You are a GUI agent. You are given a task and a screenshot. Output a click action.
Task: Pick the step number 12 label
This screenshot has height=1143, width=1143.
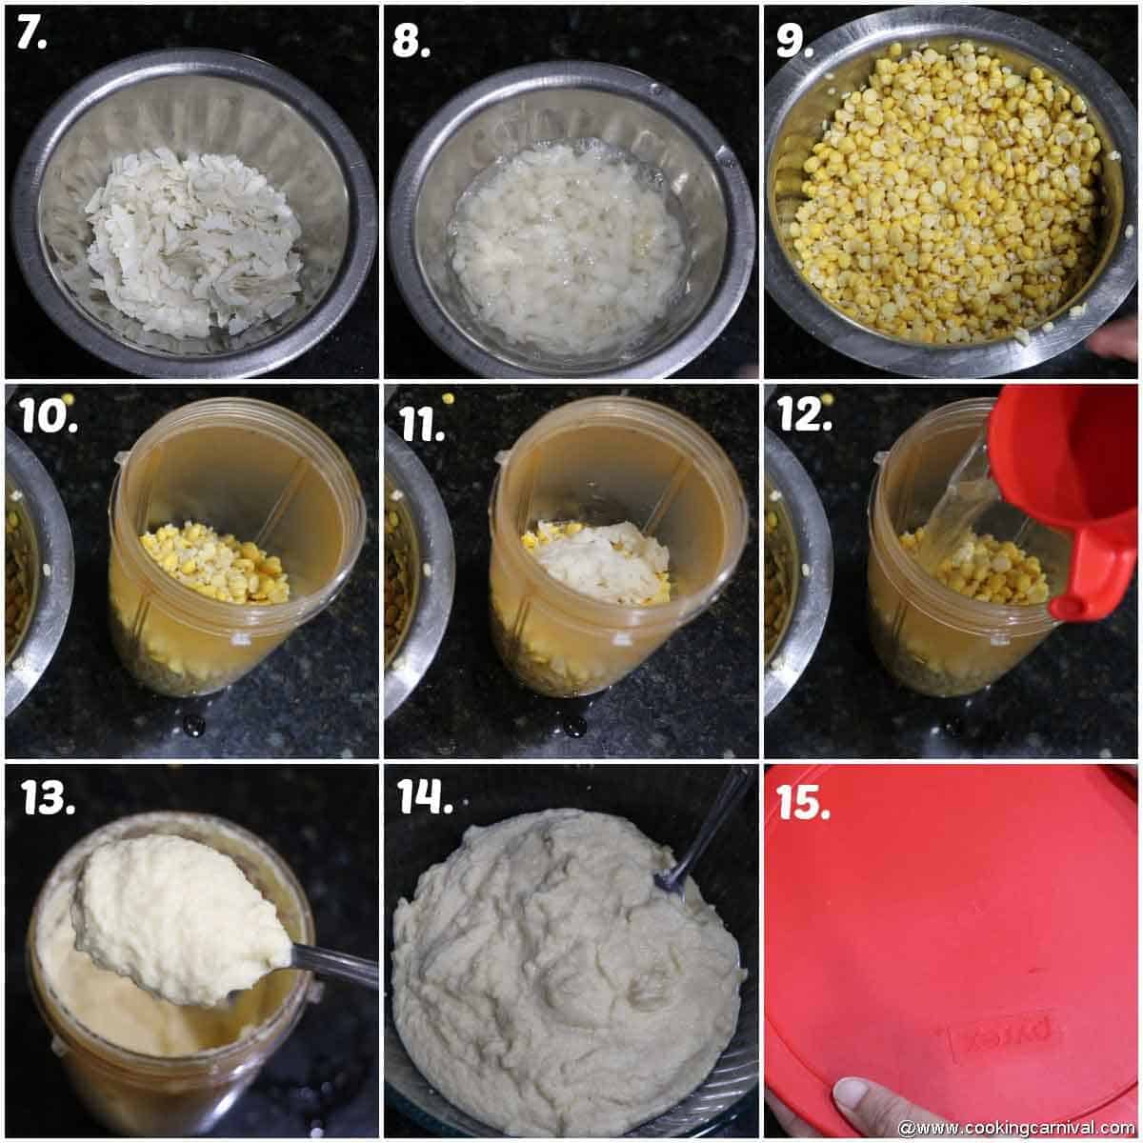pos(806,415)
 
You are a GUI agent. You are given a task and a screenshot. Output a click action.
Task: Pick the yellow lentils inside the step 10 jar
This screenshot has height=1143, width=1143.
pos(214,562)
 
